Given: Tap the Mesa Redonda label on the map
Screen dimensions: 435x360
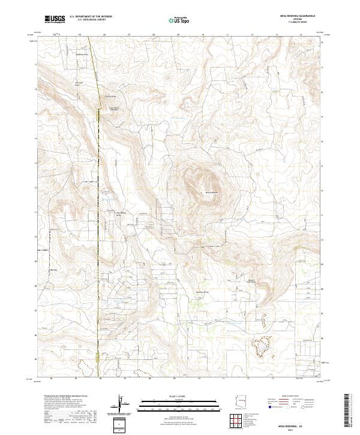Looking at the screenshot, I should (x=213, y=192).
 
